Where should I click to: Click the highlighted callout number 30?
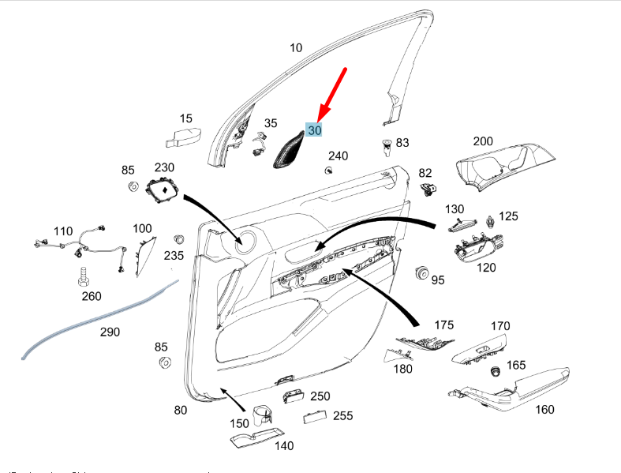point(315,130)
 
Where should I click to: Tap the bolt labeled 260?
point(83,276)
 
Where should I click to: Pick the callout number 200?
point(482,141)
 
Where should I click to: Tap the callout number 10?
point(295,48)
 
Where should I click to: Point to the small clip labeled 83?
point(386,147)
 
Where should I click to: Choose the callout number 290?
point(110,332)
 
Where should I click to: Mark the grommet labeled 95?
point(421,274)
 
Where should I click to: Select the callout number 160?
point(544,409)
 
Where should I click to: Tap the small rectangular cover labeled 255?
point(314,416)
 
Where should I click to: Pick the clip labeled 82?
point(430,190)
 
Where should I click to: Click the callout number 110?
point(62,231)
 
